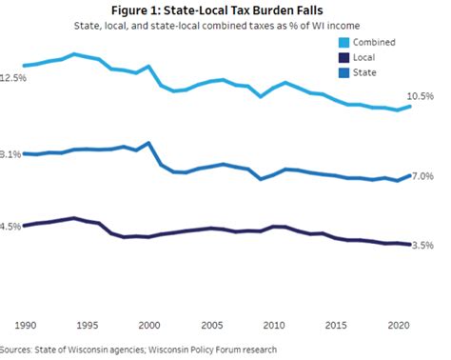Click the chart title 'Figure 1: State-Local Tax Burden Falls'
225,10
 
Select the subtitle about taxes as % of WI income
225,28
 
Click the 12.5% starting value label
12,78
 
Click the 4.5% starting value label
10,226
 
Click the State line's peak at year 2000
148,143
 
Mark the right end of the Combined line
410,106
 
